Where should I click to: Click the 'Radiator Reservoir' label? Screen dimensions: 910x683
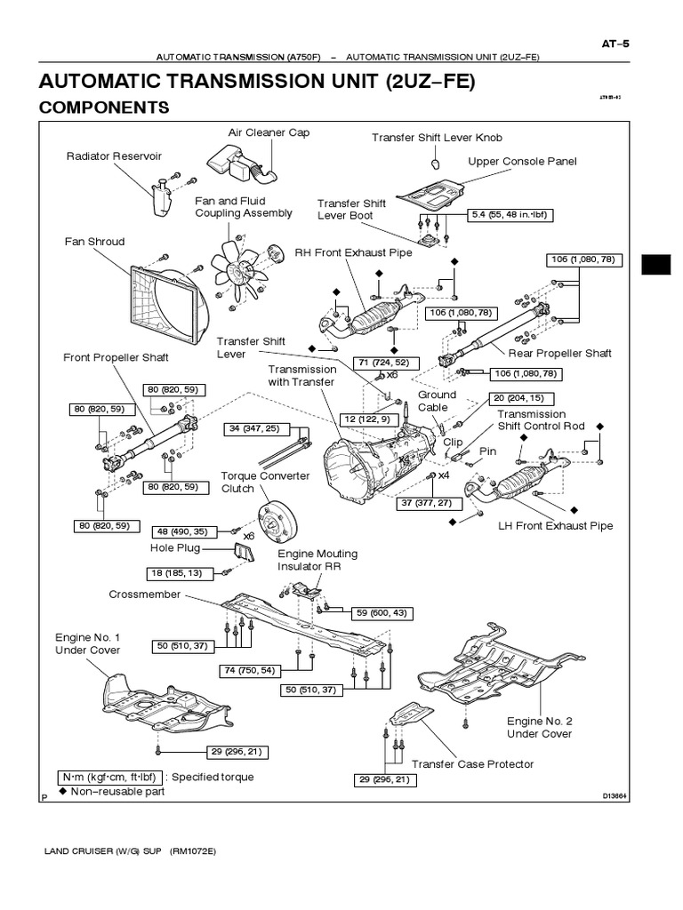click(114, 156)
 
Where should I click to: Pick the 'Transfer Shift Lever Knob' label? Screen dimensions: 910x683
click(437, 138)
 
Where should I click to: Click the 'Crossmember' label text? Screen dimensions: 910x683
click(145, 595)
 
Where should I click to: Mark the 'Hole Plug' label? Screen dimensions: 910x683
click(175, 548)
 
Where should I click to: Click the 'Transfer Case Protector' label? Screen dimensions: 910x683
click(472, 763)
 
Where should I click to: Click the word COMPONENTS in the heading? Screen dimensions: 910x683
click(104, 108)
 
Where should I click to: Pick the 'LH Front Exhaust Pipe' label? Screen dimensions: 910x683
click(555, 525)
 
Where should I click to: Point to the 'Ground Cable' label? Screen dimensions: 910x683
click(438, 401)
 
